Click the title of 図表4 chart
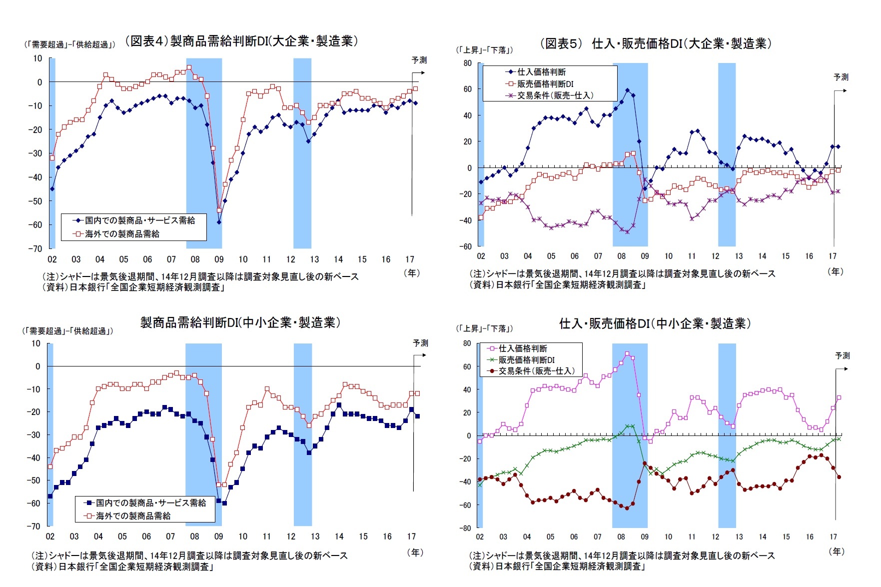(x=241, y=41)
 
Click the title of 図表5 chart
(x=656, y=44)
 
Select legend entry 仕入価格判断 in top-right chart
(x=541, y=72)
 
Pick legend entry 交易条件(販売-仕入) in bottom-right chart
(x=536, y=371)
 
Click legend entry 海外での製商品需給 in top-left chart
(x=122, y=234)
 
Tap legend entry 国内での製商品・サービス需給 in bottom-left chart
(x=150, y=503)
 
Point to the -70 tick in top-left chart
(x=35, y=248)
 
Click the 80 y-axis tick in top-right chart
(x=467, y=63)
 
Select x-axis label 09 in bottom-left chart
(x=218, y=536)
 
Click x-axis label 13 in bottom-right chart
(x=739, y=537)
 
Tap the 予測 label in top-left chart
(x=419, y=60)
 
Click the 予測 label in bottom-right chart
(x=842, y=355)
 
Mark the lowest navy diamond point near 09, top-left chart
(x=219, y=222)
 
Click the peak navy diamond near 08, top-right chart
(x=627, y=90)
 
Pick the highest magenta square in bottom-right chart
(x=627, y=354)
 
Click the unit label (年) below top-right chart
(x=836, y=271)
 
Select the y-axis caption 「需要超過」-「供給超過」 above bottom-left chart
(x=68, y=331)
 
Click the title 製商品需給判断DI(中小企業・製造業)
(x=240, y=322)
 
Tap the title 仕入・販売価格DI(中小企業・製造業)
(x=655, y=324)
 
